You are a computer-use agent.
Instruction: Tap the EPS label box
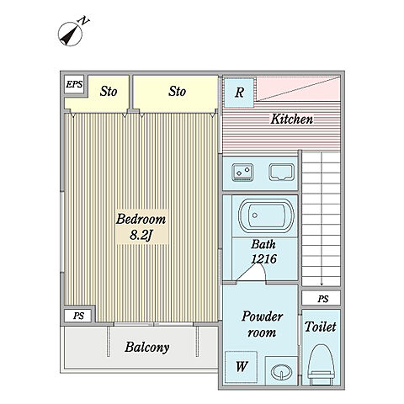point(74,84)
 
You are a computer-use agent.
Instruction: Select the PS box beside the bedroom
point(78,316)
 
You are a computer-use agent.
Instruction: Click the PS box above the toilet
point(322,298)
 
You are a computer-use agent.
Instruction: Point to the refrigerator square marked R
point(239,93)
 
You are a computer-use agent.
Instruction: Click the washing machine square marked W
point(242,366)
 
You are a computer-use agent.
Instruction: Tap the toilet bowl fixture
point(321,364)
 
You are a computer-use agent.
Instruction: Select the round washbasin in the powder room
point(281,372)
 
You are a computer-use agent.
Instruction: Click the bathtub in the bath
point(266,215)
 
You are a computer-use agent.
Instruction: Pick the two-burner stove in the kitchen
point(242,172)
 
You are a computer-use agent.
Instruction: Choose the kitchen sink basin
point(282,173)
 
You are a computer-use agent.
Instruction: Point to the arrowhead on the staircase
point(322,284)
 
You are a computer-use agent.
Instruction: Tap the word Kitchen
point(292,119)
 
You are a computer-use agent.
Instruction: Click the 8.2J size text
point(141,235)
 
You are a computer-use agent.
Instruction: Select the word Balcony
point(147,348)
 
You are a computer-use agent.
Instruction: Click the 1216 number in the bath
point(264,258)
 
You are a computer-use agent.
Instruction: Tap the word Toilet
point(321,327)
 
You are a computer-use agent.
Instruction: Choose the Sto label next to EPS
point(109,92)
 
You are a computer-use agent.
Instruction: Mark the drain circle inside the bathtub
point(255,215)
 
